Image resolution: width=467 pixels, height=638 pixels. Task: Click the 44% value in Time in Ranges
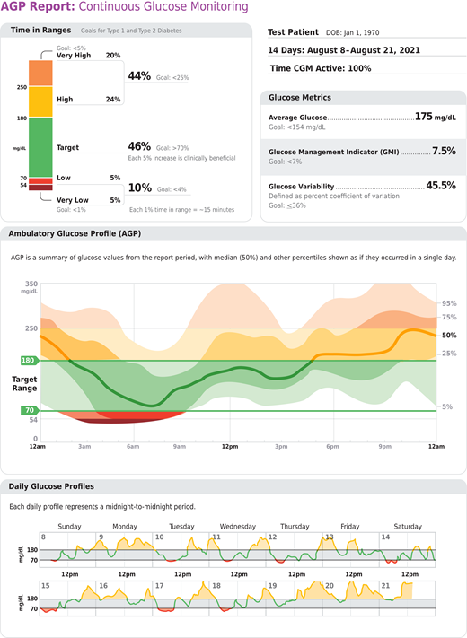click(x=139, y=76)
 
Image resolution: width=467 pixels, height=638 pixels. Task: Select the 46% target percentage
click(x=139, y=145)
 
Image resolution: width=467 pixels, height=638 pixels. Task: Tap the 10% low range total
click(x=139, y=188)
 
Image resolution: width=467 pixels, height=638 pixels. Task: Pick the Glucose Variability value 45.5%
click(x=440, y=186)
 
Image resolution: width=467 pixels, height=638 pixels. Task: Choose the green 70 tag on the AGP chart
click(x=28, y=410)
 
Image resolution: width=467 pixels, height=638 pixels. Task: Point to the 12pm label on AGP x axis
click(x=232, y=446)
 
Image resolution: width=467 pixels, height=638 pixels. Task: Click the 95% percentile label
click(x=449, y=303)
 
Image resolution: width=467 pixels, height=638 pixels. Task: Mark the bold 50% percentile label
click(x=450, y=335)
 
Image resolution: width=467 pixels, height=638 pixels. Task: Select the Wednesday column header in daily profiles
click(x=237, y=526)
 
